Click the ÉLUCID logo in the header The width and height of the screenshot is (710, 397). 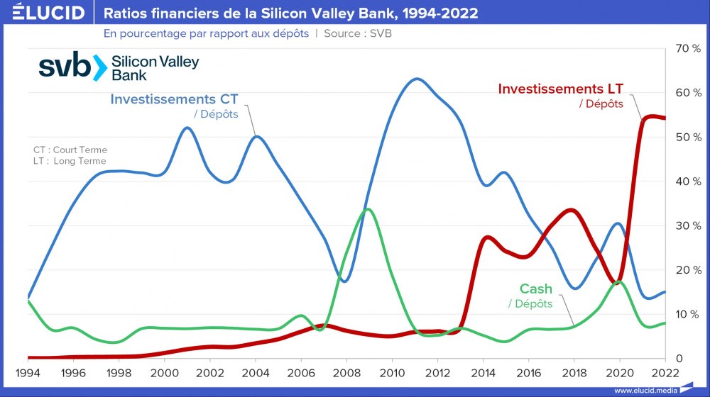coord(44,13)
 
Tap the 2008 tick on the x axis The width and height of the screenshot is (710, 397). coord(346,373)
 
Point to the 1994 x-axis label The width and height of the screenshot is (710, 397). coord(28,373)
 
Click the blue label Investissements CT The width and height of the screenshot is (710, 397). coord(174,100)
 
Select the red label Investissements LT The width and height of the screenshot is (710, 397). coord(560,89)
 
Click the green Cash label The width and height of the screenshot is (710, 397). coord(535,289)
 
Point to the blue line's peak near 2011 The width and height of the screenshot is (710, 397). coord(416,79)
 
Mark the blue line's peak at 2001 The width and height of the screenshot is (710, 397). coord(187,128)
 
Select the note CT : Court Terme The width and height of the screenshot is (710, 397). coord(70,150)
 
